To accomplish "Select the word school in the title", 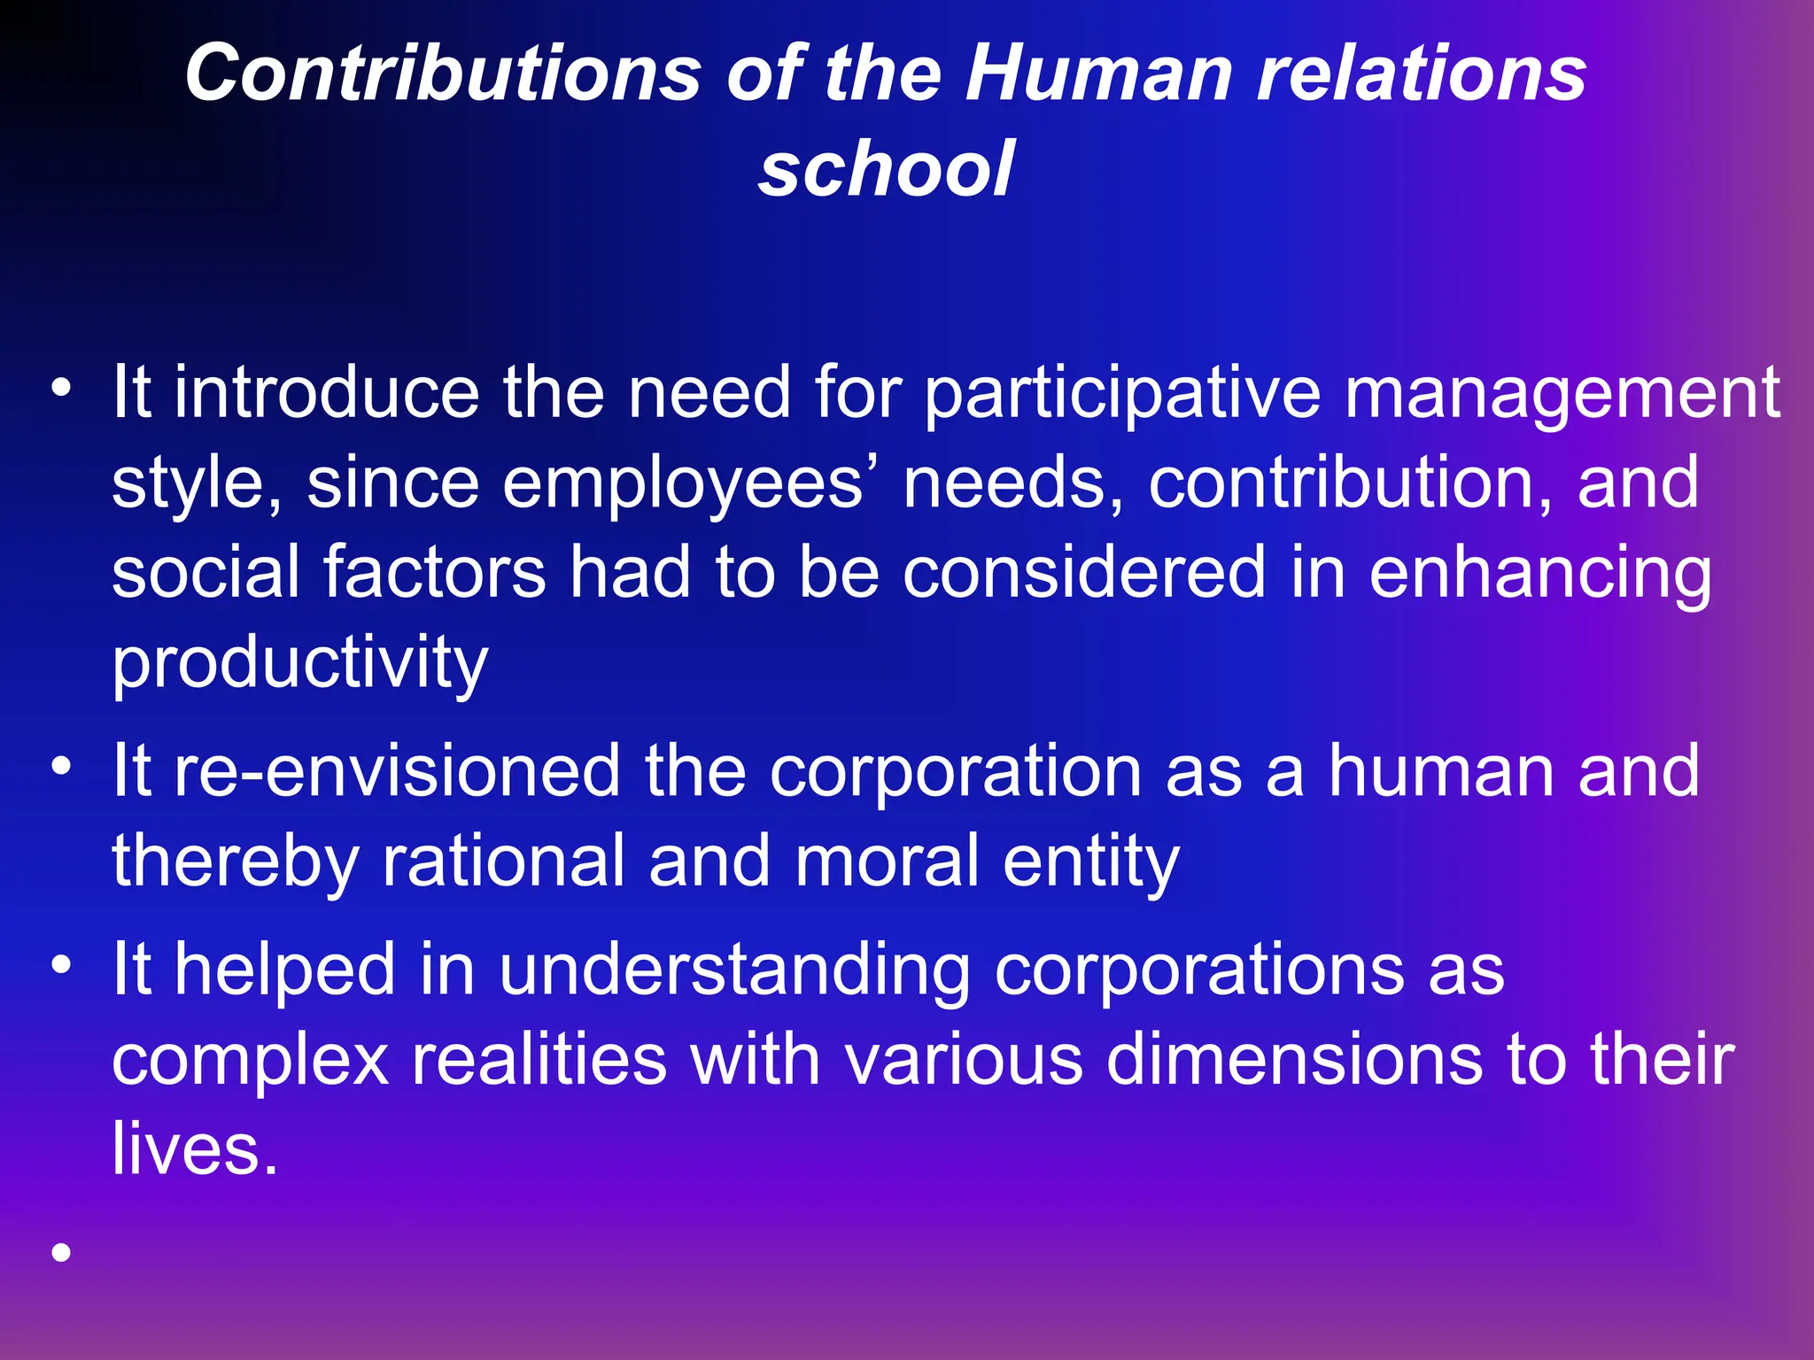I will pos(886,168).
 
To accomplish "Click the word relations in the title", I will pos(1422,73).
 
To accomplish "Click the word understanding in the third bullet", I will pos(735,972).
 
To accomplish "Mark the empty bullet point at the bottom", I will pos(61,1252).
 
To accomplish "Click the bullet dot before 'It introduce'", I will pos(61,387).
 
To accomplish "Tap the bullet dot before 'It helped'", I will pos(61,963).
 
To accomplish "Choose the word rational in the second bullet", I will pos(503,861).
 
